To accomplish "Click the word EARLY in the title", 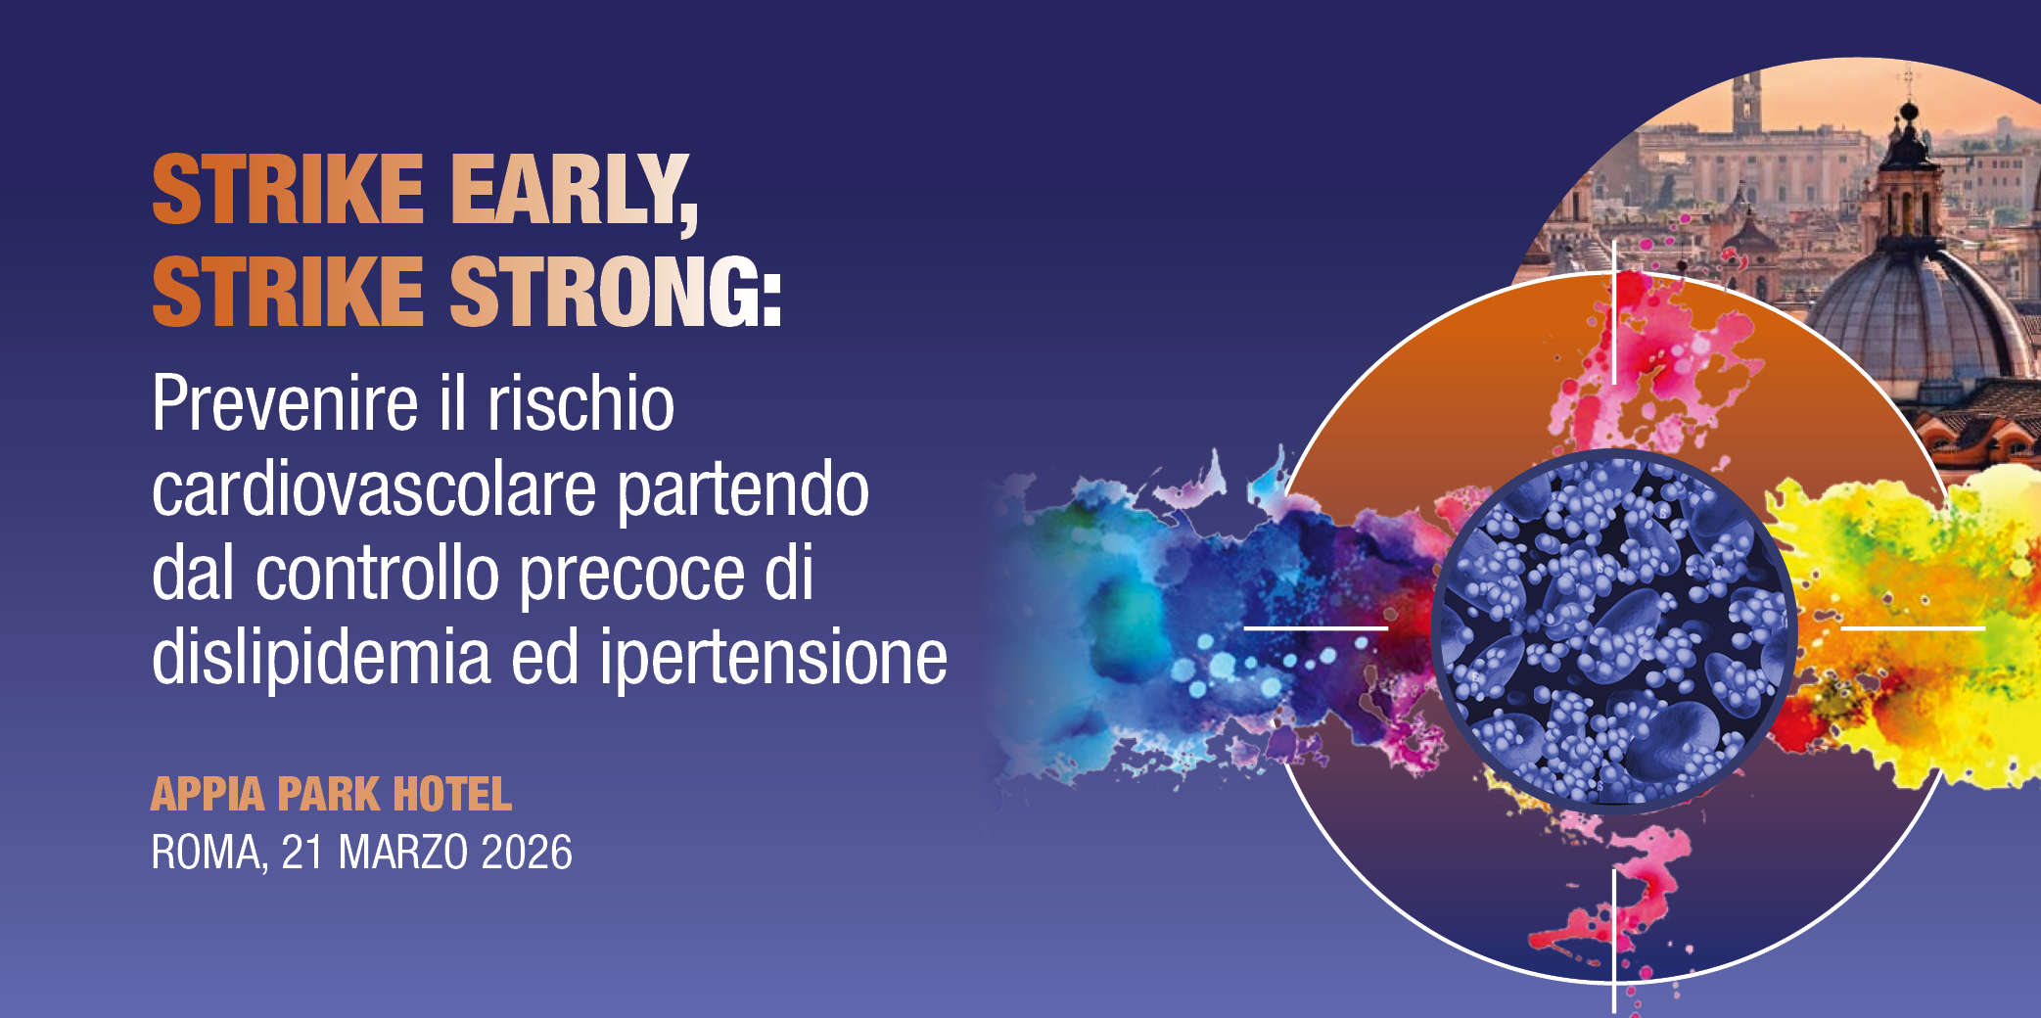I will tap(573, 191).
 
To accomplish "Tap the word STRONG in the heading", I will tap(615, 291).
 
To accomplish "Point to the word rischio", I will tap(580, 403).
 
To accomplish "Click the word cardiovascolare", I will tap(373, 488).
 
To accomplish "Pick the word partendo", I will tap(742, 488).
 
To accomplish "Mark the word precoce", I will tap(631, 574).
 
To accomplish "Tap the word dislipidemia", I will tap(321, 658).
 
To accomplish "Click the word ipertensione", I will tap(773, 658).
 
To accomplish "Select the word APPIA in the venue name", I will tap(208, 794).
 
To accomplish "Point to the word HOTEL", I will tap(451, 794).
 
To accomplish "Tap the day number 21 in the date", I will tap(302, 853).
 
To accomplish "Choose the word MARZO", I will tap(402, 853).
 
